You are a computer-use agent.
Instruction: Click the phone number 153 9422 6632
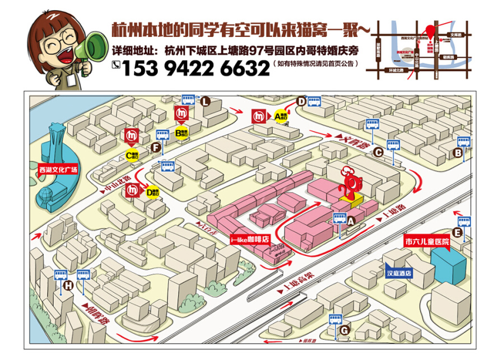coord(195,68)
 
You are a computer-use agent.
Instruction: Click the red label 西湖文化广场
coord(58,168)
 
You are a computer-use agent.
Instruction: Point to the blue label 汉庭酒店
coord(399,274)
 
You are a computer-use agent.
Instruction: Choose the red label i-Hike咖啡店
coord(250,239)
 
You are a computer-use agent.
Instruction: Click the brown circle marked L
coord(206,101)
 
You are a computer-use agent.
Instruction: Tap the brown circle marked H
coord(68,286)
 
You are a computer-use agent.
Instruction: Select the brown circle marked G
coord(345,330)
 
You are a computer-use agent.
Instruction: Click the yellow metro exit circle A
coord(280,116)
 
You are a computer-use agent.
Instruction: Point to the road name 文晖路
coord(357,142)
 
